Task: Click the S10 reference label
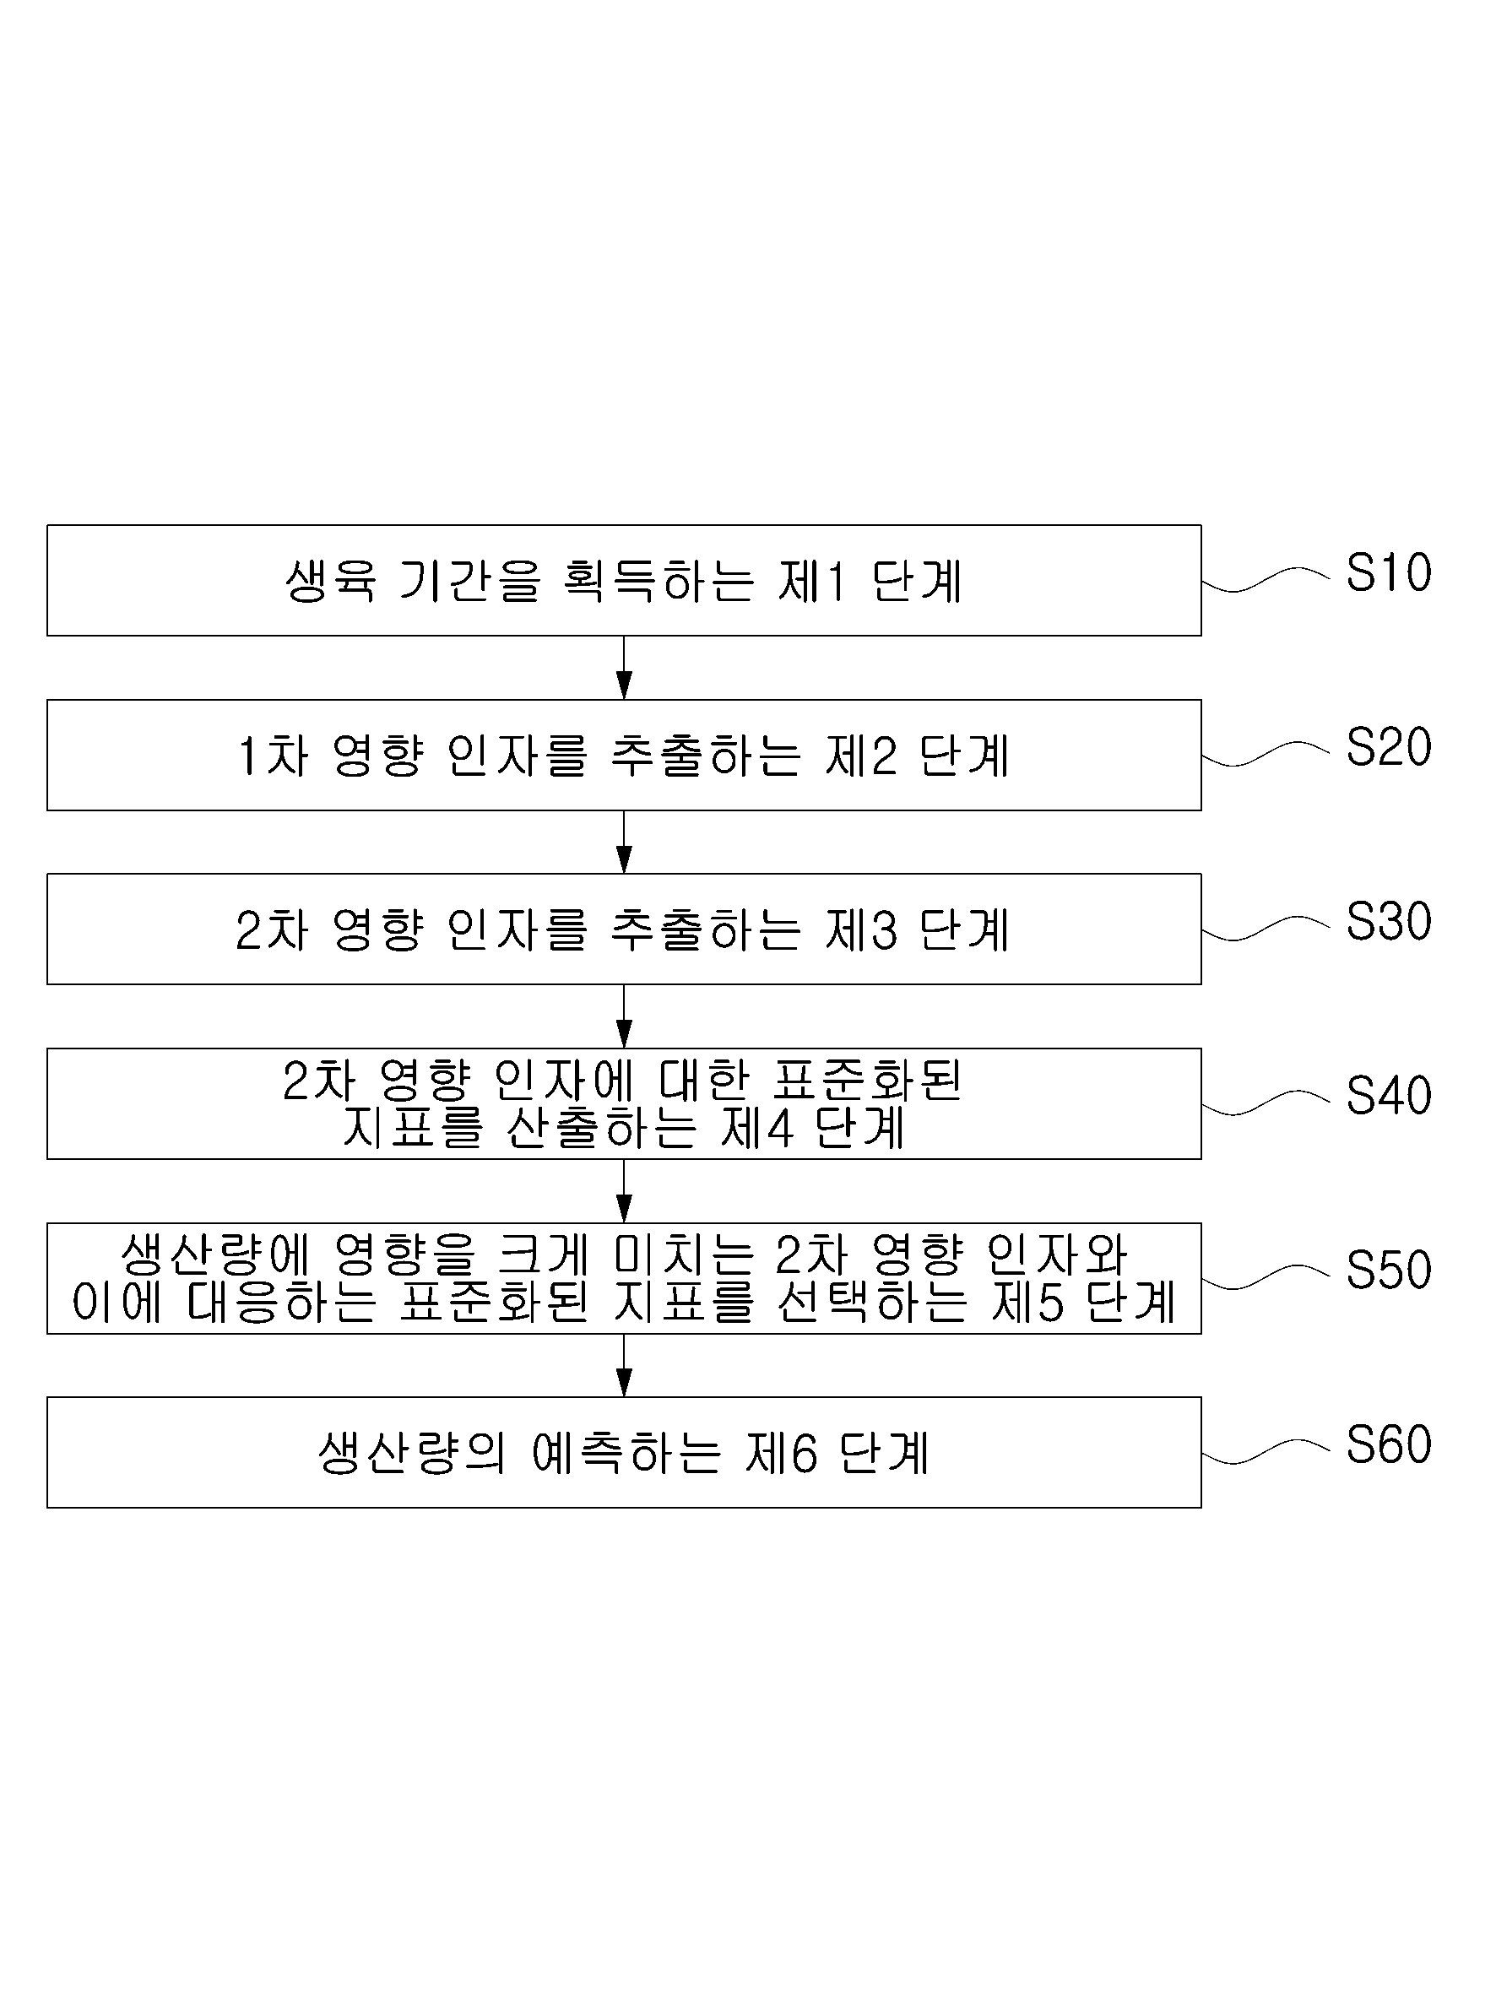tap(1388, 572)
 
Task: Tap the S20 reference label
tap(1388, 747)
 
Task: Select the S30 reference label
tap(1388, 921)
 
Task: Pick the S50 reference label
tap(1388, 1271)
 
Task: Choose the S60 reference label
tap(1388, 1445)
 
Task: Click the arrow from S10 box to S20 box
tap(624, 668)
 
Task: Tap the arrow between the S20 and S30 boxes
tap(624, 842)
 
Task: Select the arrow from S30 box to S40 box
tap(624, 1016)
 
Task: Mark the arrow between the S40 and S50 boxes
tap(624, 1191)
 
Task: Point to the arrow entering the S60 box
tap(624, 1366)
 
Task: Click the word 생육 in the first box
tap(330, 582)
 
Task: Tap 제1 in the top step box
tap(812, 582)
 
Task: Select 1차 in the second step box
tap(274, 756)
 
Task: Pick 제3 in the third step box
tap(860, 930)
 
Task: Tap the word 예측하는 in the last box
tap(626, 1453)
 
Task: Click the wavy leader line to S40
tap(1266, 1103)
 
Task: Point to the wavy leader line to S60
tap(1266, 1451)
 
